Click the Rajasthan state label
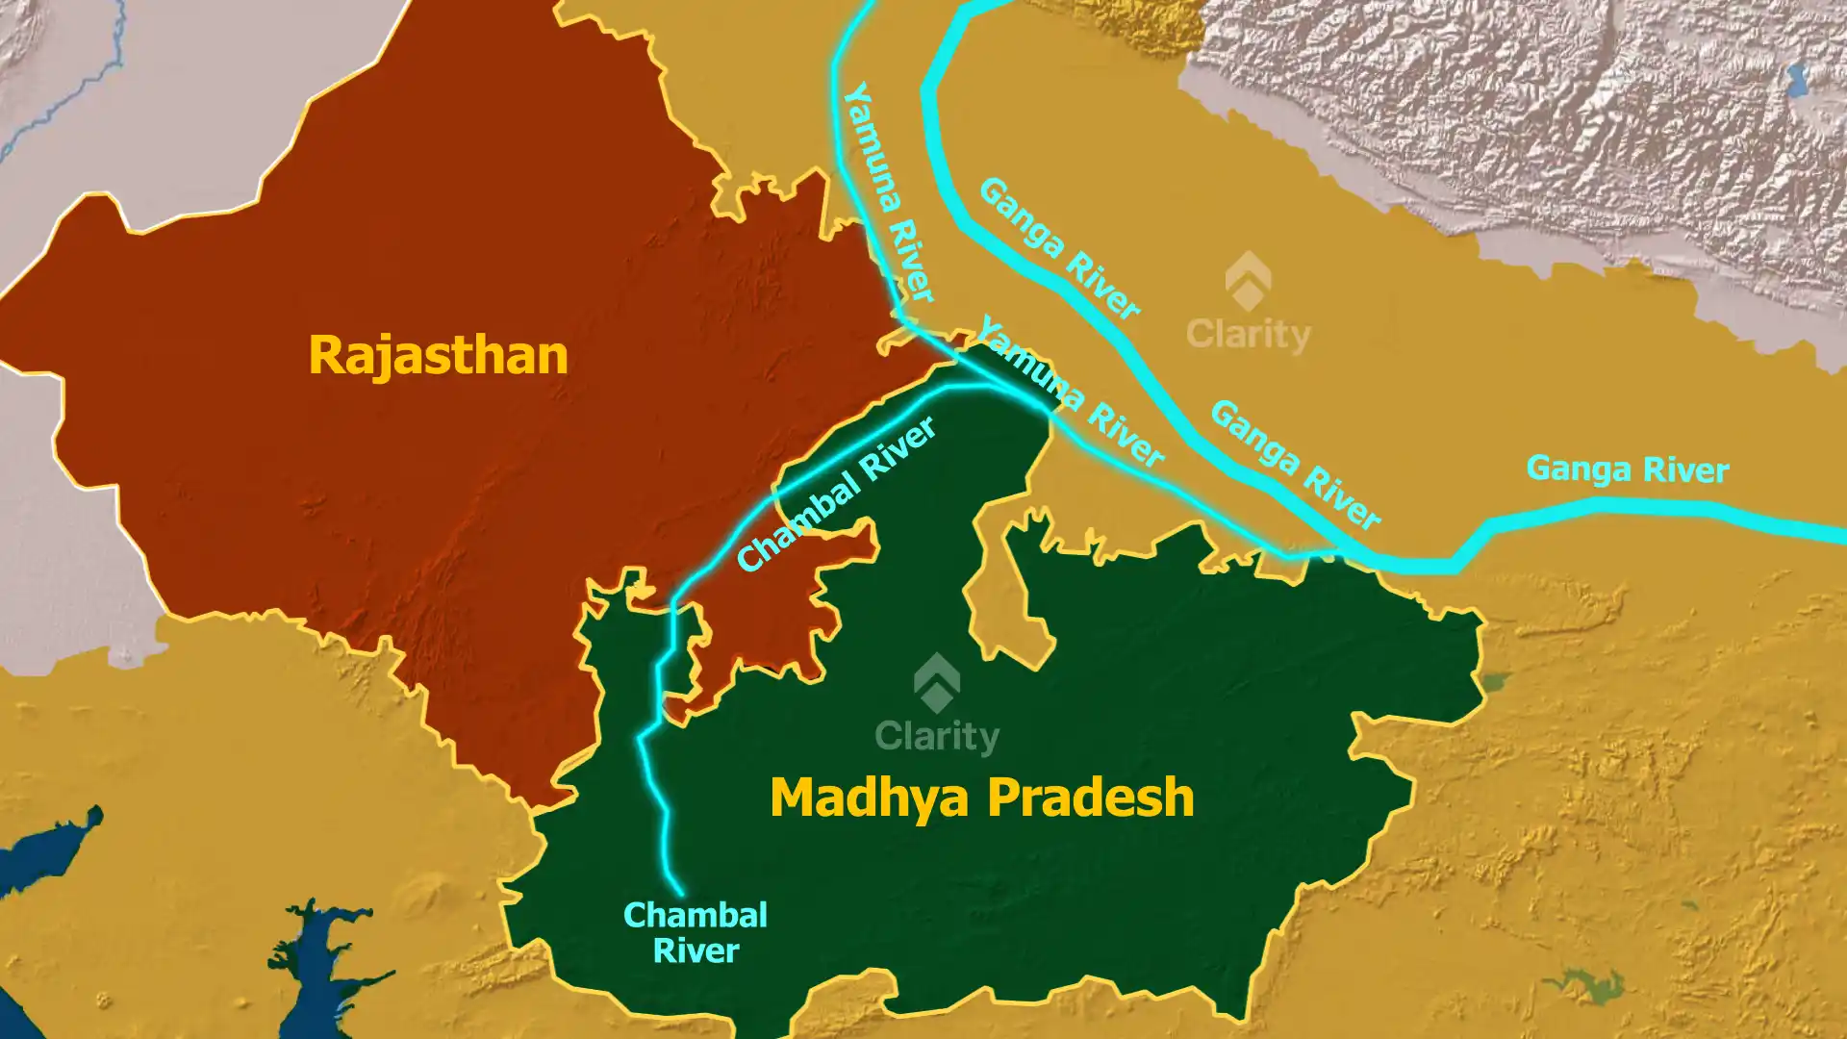[x=438, y=355]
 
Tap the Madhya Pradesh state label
[x=981, y=798]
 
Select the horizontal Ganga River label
[x=1628, y=469]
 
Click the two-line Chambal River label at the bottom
[x=696, y=932]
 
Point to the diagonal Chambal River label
[x=836, y=493]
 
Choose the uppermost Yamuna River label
[x=889, y=192]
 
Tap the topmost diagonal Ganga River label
[x=1059, y=248]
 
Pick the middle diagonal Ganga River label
[x=1295, y=464]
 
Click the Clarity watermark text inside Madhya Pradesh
[x=937, y=737]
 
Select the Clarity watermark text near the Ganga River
[x=1248, y=335]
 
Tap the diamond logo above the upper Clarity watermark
[x=1248, y=281]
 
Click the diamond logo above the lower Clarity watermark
[x=936, y=683]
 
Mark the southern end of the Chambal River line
[x=680, y=892]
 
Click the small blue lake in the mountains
[x=1795, y=77]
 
